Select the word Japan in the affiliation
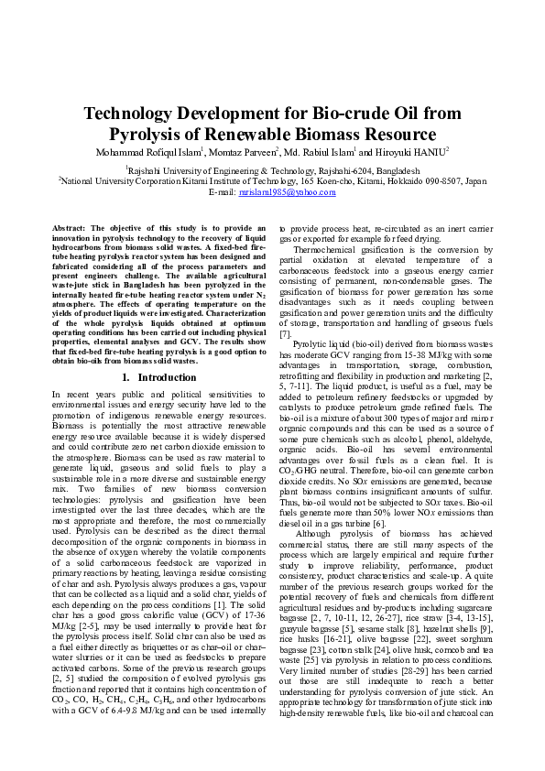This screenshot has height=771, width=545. point(475,181)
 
